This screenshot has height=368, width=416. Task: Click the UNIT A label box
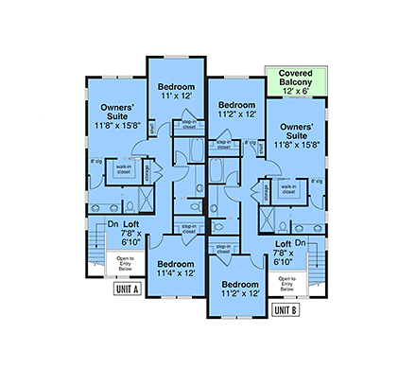pyautogui.click(x=126, y=289)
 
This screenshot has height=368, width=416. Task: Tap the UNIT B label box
pyautogui.click(x=285, y=308)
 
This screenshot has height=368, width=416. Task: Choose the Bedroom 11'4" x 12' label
pyautogui.click(x=176, y=269)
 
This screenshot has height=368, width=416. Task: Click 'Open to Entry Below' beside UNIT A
pyautogui.click(x=125, y=260)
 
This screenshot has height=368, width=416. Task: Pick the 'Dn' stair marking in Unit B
pyautogui.click(x=299, y=243)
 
